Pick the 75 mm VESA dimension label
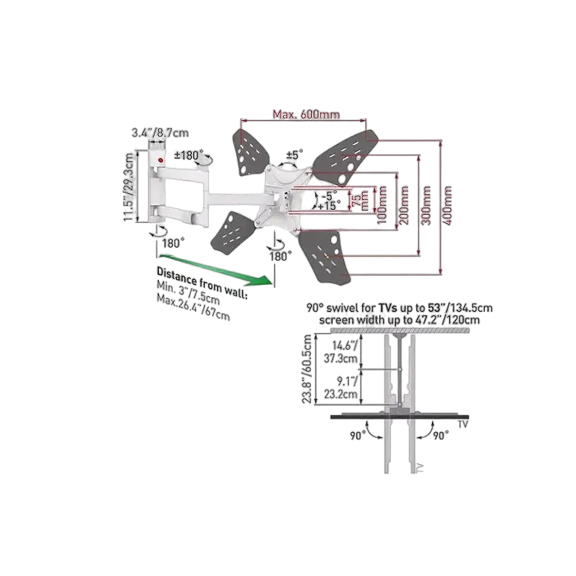[360, 197]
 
